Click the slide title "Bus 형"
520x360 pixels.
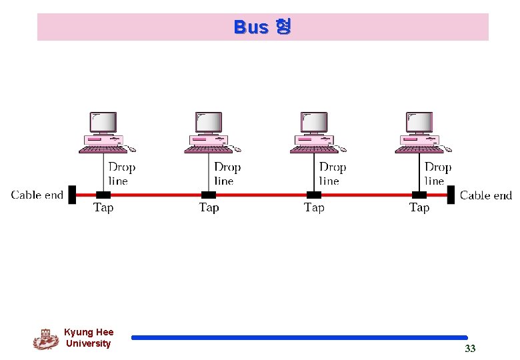(262, 27)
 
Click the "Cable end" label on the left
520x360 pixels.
(37, 195)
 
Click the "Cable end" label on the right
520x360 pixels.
(485, 195)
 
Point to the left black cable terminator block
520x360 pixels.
(72, 195)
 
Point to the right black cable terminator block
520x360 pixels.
(451, 195)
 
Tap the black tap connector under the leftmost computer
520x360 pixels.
(103, 195)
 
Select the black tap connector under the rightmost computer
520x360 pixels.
(419, 195)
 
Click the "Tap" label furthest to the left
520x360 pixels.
(103, 208)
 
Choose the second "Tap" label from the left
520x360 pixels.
(209, 208)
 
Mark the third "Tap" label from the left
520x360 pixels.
(314, 208)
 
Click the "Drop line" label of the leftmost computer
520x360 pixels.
(121, 174)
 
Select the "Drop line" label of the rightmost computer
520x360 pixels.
(437, 174)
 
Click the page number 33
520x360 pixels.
(470, 349)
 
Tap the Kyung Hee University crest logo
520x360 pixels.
(45, 339)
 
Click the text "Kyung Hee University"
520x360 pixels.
(89, 338)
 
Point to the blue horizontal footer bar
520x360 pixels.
(299, 338)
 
